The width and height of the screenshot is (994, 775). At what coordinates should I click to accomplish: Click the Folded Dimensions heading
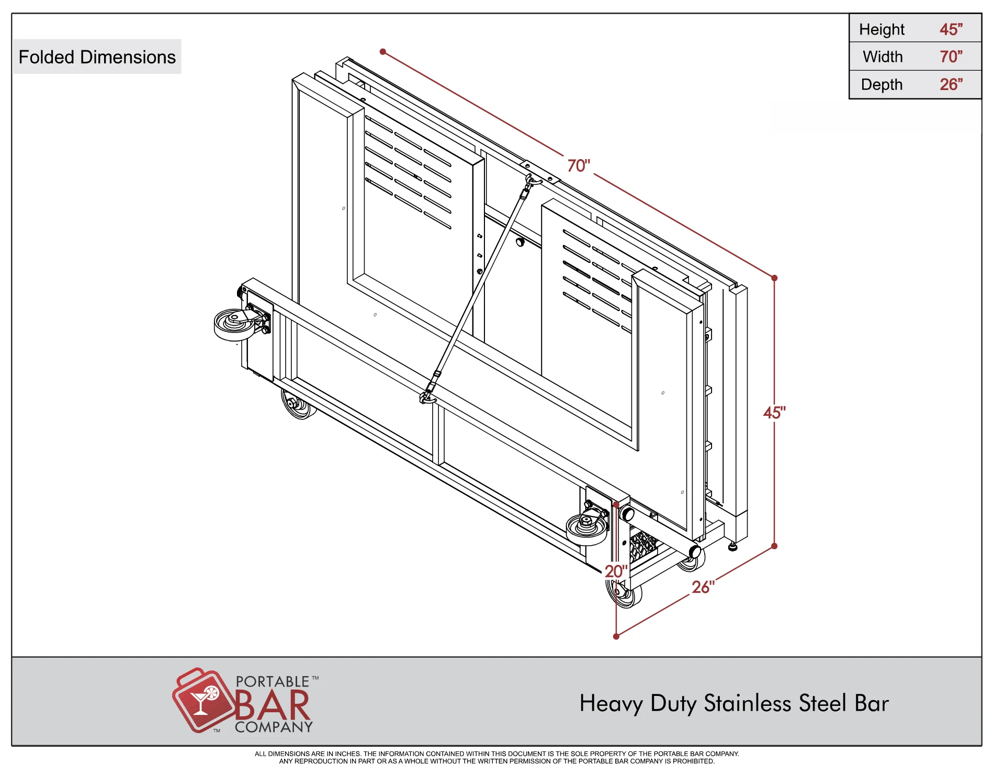click(x=97, y=57)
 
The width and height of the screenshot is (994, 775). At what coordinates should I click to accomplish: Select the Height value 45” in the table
click(x=951, y=29)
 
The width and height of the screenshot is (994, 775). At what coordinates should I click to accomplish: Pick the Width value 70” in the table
click(x=951, y=57)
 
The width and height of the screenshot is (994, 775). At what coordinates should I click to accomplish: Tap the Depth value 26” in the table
click(x=951, y=84)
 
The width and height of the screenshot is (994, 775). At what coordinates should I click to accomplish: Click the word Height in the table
click(x=882, y=30)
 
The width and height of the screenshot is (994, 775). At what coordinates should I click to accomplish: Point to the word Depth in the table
click(x=882, y=85)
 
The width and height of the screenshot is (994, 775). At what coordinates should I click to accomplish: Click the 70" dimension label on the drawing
click(x=579, y=165)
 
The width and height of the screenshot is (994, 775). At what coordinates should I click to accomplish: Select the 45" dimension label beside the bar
click(x=774, y=413)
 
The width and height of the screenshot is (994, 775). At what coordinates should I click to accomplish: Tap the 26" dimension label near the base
click(x=703, y=587)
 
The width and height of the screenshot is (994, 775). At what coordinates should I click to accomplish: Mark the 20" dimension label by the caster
click(x=616, y=571)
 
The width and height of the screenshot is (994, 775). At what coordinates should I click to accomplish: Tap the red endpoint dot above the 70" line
click(x=383, y=52)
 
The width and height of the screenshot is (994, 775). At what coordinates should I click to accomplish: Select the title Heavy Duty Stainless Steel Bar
click(x=734, y=703)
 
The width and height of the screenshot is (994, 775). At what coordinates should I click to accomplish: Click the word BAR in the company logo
click(x=273, y=705)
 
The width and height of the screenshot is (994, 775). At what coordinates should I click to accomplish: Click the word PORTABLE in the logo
click(x=273, y=681)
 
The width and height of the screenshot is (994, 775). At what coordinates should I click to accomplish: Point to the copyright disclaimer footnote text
click(x=497, y=757)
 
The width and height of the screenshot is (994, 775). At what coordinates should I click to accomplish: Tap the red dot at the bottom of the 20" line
click(x=616, y=636)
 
